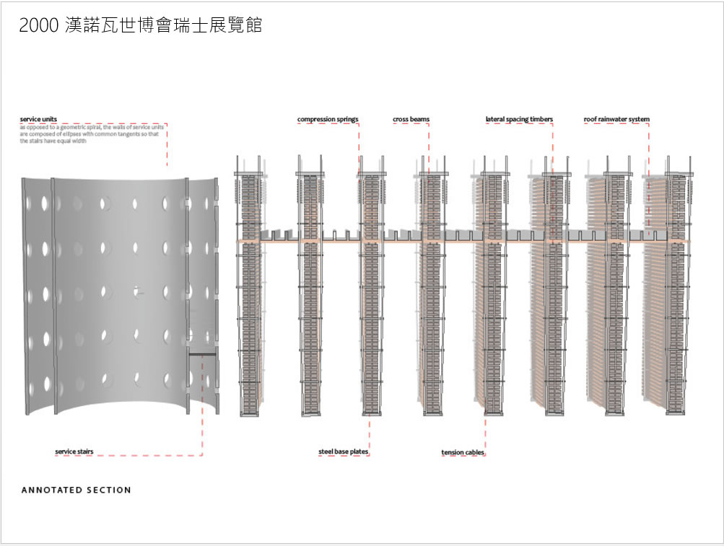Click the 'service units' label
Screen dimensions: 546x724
38,119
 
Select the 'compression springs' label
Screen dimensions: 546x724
328,120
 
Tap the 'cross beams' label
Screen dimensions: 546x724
411,120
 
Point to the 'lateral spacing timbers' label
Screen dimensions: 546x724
519,120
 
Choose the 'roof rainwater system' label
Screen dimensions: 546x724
616,120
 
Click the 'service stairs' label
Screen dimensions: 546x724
74,452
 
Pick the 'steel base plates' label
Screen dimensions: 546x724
344,452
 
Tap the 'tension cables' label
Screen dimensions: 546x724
463,453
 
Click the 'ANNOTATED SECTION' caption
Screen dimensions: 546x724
77,490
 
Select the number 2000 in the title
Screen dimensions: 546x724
34,26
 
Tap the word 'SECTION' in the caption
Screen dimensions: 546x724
109,490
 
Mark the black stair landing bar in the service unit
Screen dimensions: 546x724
202,354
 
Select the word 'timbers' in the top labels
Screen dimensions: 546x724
541,120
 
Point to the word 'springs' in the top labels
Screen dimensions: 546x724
346,120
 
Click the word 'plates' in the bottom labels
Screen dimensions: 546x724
359,452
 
